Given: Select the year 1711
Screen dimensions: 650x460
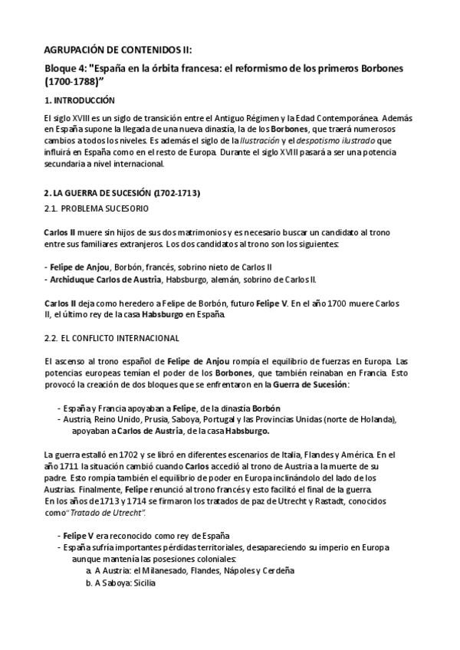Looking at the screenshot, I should pyautogui.click(x=68, y=466).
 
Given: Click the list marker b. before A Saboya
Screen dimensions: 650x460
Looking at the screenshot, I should pyautogui.click(x=88, y=583).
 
